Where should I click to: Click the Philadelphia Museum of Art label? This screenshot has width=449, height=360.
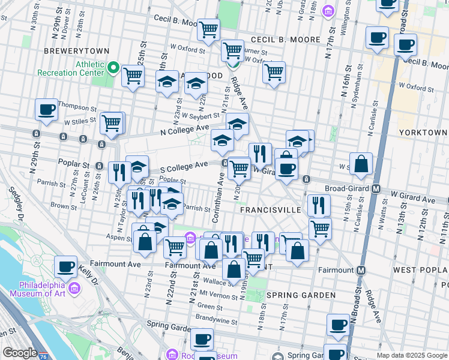[x=40, y=289]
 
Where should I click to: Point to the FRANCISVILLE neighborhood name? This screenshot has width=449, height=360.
[x=270, y=211]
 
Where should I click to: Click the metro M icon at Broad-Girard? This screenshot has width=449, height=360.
[x=376, y=188]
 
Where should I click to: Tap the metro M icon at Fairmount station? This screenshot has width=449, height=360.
[x=361, y=270]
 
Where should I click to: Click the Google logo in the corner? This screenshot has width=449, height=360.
[x=19, y=353]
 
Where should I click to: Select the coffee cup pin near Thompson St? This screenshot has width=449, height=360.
[x=46, y=109]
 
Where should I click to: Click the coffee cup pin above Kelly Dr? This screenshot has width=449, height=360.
[x=65, y=266]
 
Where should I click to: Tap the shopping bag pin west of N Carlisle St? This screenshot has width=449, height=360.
[x=361, y=163]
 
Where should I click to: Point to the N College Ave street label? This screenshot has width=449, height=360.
[x=184, y=130]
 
